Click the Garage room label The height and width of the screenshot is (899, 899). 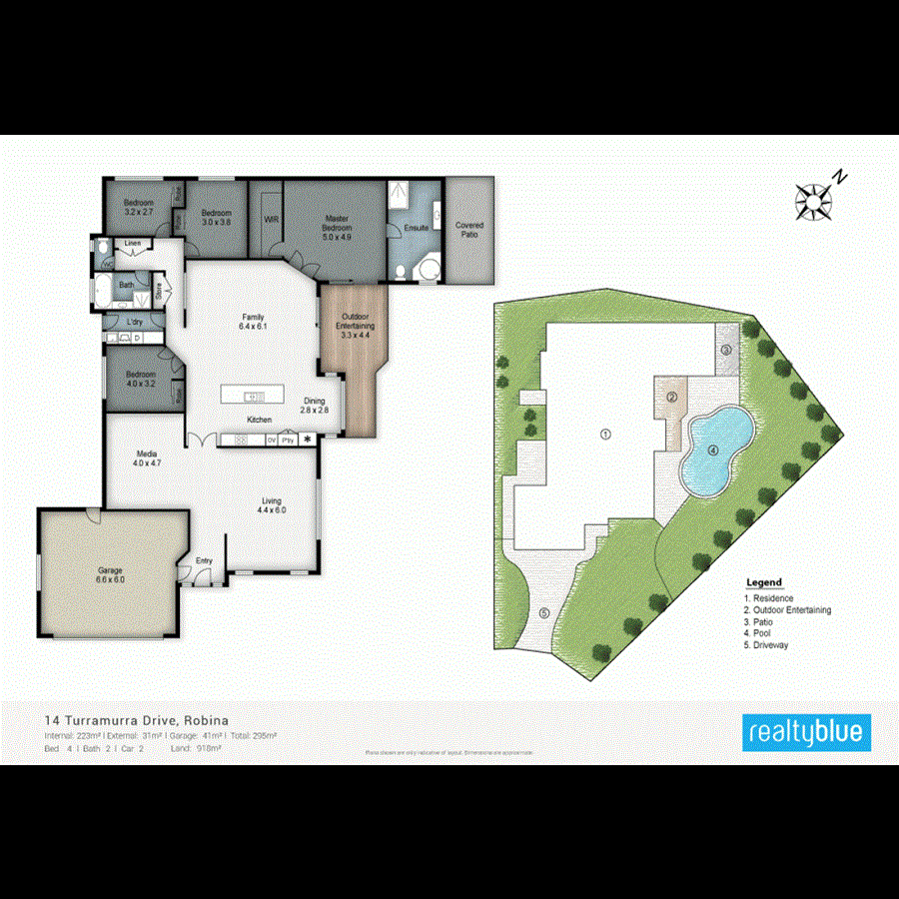(109, 574)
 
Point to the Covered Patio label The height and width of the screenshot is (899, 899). (469, 230)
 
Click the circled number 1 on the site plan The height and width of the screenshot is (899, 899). (604, 434)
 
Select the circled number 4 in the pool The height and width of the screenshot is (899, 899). (713, 449)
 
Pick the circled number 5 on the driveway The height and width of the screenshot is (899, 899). (544, 612)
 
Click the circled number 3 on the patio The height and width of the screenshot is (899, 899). (726, 350)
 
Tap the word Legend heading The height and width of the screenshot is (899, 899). (764, 583)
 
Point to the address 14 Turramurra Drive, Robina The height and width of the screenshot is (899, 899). (137, 719)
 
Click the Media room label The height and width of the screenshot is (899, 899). (147, 458)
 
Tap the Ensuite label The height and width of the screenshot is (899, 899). (417, 228)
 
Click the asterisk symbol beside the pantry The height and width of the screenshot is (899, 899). (308, 439)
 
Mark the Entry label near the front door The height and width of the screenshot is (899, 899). (204, 560)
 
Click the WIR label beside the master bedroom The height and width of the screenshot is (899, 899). (270, 218)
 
